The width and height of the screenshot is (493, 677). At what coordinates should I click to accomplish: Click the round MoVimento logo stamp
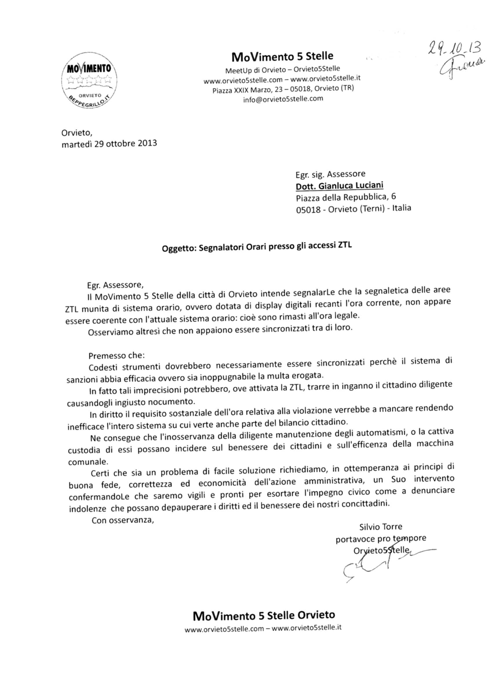click(x=89, y=81)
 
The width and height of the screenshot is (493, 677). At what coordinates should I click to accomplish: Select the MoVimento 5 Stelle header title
click(x=282, y=56)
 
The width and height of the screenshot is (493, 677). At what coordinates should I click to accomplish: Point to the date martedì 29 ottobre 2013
click(x=109, y=144)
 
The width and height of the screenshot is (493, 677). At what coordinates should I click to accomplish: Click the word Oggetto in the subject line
click(x=179, y=248)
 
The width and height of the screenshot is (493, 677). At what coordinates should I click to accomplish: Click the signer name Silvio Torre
click(x=381, y=526)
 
